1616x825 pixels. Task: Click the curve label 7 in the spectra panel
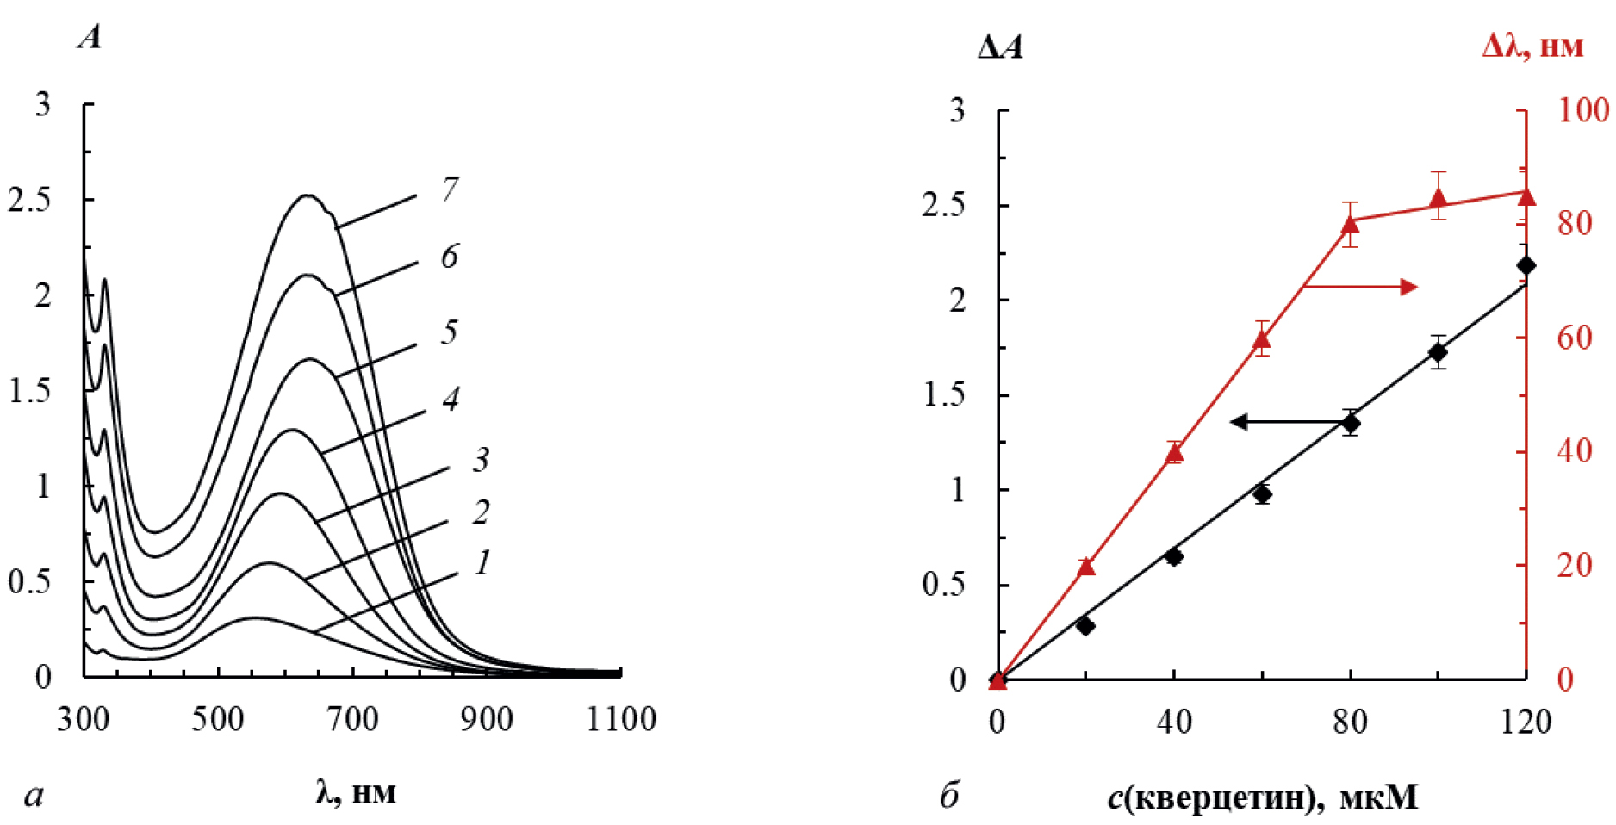[x=450, y=189]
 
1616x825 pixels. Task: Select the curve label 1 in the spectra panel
[x=482, y=562]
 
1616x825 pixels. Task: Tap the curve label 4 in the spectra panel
[x=451, y=399]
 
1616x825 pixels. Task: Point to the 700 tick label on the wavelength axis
[x=351, y=719]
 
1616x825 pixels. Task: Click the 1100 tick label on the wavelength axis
[x=621, y=719]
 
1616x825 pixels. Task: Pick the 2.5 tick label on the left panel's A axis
[x=29, y=200]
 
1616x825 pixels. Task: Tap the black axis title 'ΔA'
[x=1000, y=47]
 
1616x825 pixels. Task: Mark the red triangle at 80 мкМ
[x=1350, y=225]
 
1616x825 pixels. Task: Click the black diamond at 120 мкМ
[x=1526, y=265]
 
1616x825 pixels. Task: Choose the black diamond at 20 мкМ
[x=1085, y=626]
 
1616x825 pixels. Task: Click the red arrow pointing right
[x=1361, y=287]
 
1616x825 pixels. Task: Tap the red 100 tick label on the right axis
[x=1583, y=110]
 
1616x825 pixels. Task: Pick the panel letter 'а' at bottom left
[x=34, y=795]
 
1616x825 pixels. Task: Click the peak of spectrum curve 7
[x=308, y=195]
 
